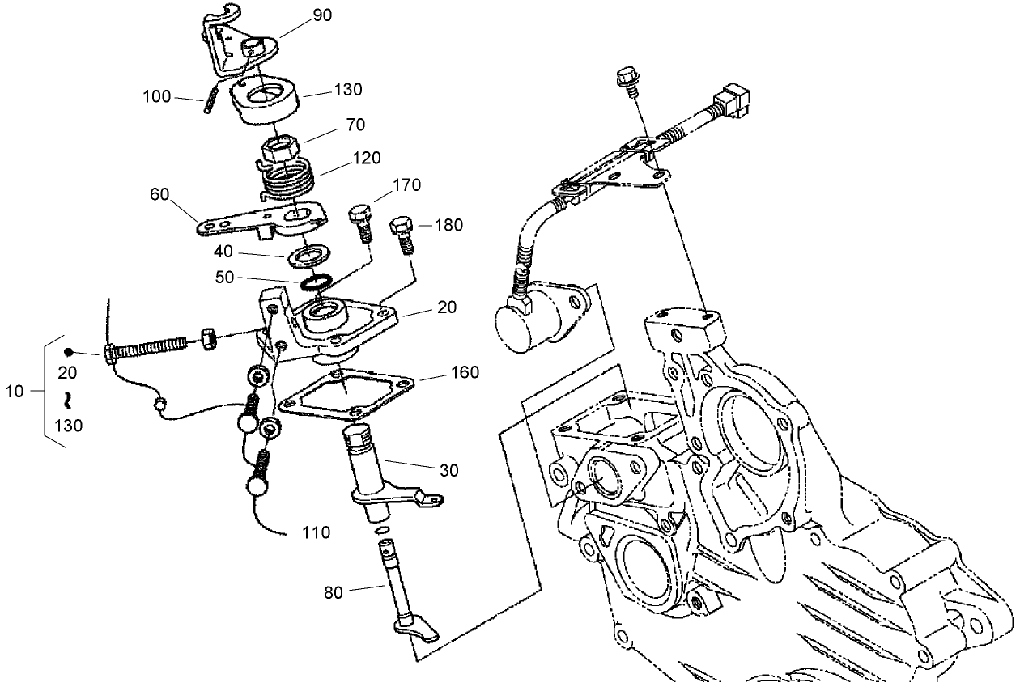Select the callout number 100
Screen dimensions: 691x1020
click(155, 96)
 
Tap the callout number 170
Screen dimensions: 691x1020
click(407, 185)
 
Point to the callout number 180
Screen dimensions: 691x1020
click(448, 225)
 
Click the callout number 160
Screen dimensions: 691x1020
click(465, 372)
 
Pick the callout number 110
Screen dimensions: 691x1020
click(316, 532)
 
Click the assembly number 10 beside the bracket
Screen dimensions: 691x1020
click(15, 392)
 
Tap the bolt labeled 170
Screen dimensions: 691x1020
click(361, 223)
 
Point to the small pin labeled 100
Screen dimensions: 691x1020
click(208, 100)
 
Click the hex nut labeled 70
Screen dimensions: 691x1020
click(278, 150)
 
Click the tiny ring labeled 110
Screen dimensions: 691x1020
click(383, 532)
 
